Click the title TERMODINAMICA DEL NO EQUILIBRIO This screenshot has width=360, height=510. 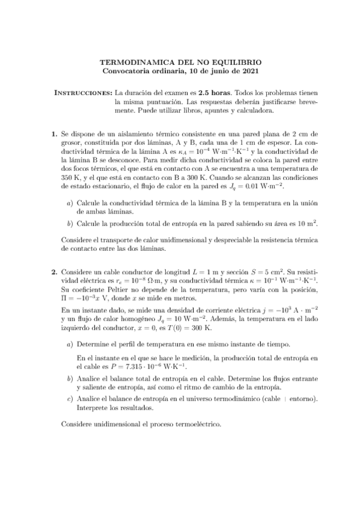click(x=180, y=62)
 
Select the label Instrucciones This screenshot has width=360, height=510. click(x=83, y=94)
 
